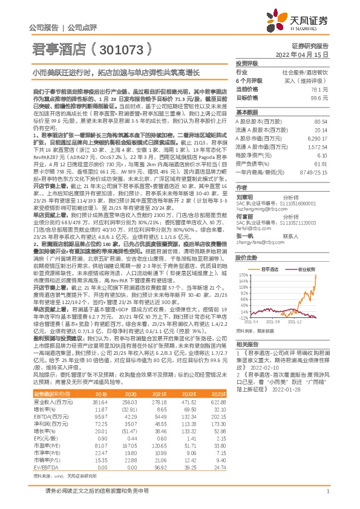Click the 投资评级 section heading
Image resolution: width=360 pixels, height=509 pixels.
(247, 63)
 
